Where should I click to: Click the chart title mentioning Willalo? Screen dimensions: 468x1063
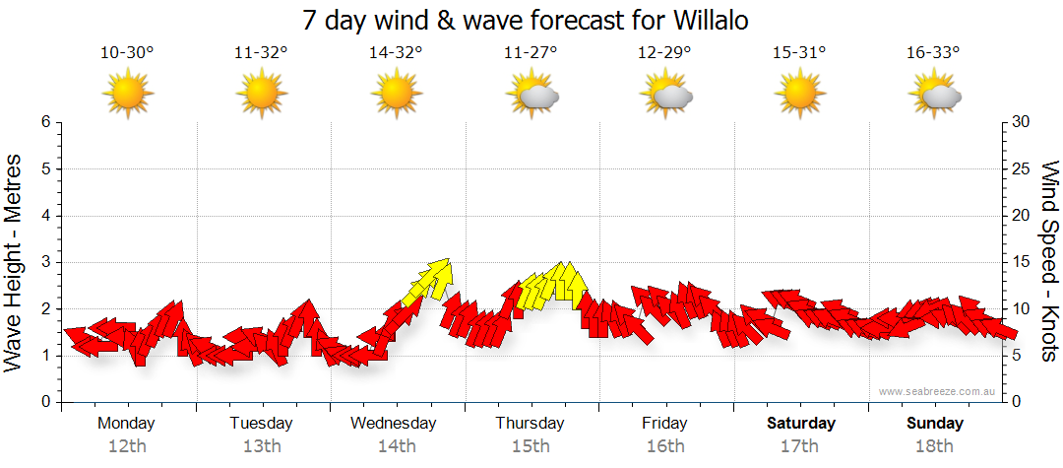point(531,20)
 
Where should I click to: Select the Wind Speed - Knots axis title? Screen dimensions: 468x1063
point(1049,261)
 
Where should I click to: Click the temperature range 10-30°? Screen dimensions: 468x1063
point(127,53)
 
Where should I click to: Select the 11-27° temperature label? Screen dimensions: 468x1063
point(531,53)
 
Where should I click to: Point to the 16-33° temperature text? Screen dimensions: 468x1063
point(934,53)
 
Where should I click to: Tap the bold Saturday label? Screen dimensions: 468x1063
point(801,424)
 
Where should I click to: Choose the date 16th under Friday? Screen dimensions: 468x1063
point(665,445)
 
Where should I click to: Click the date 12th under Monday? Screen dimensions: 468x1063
point(127,445)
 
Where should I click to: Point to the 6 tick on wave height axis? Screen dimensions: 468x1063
point(45,122)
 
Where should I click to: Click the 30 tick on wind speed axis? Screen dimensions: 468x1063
point(1022,122)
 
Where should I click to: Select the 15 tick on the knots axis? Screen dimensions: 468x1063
point(1022,262)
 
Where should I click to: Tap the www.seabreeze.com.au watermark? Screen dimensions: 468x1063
point(938,392)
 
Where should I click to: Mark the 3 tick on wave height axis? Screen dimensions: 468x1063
point(45,262)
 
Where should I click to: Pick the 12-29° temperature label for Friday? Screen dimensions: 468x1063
point(665,53)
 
